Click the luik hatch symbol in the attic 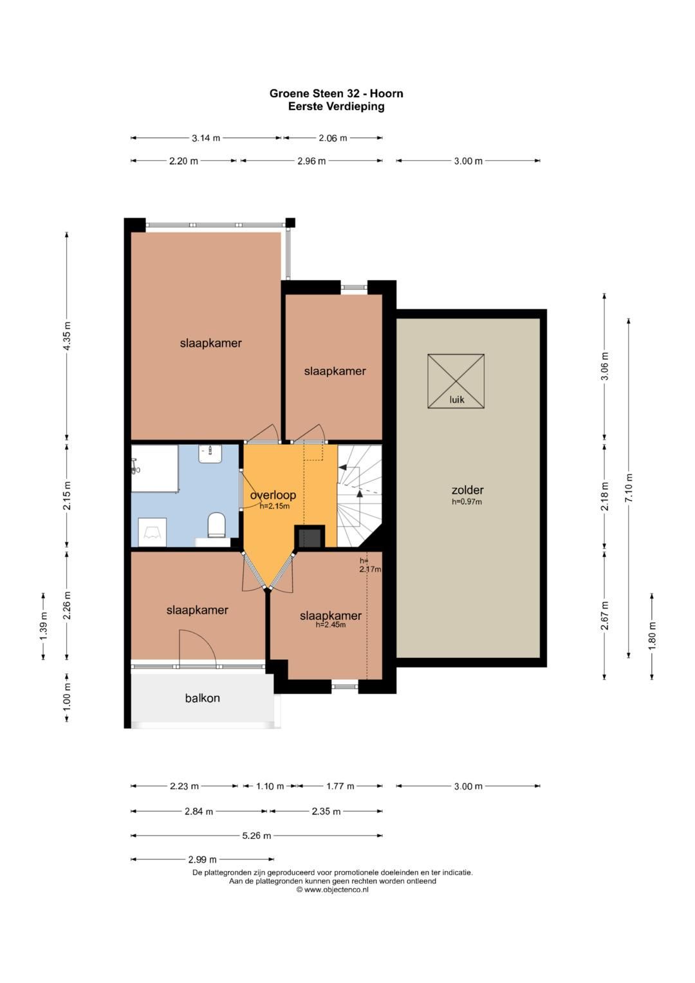(456, 381)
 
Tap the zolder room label (468, 490)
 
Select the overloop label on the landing (273, 495)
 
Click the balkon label (202, 698)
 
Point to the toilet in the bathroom (216, 525)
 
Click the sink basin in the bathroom (210, 454)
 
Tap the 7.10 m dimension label (629, 488)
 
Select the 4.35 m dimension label (67, 336)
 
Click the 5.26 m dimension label (257, 836)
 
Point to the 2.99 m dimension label (202, 859)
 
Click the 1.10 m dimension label (270, 786)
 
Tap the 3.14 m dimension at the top (206, 138)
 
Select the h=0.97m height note (467, 501)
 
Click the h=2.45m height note (331, 624)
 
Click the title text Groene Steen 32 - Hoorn (336, 93)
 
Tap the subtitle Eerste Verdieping (336, 106)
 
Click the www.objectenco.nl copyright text (333, 890)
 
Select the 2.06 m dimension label (333, 138)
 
